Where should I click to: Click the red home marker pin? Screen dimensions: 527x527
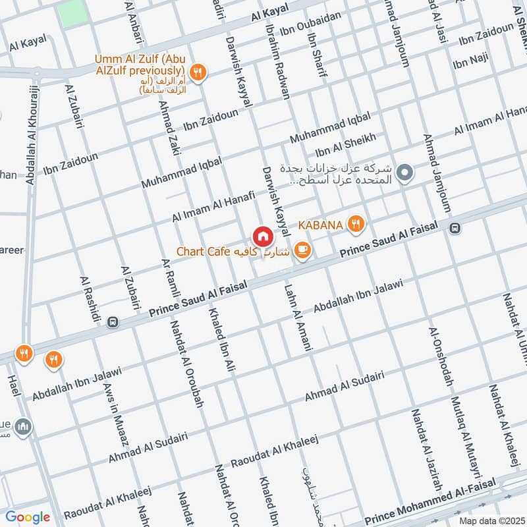(262, 236)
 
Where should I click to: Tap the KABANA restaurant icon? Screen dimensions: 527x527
(356, 225)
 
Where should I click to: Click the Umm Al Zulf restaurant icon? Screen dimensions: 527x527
(196, 71)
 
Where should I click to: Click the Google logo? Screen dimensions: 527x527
(28, 517)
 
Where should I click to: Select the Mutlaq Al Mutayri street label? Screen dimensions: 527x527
(466, 429)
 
